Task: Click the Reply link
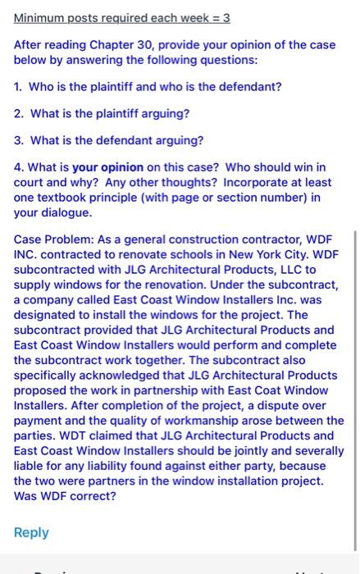pyautogui.click(x=31, y=532)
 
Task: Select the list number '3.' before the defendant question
pyautogui.click(x=19, y=140)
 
